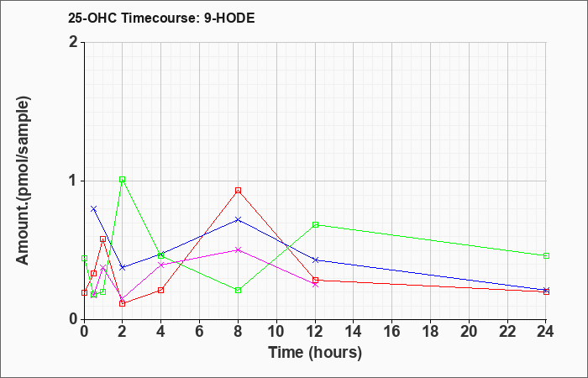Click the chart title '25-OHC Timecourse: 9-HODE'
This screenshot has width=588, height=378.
pos(161,18)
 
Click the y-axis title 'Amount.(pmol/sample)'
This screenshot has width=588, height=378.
pos(24,181)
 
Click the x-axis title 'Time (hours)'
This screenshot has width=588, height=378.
pos(315,353)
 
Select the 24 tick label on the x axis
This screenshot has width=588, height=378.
pos(546,332)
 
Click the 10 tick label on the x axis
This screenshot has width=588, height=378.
pos(276,332)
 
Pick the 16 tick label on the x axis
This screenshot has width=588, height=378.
pos(392,332)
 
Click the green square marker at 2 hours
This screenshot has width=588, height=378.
pos(123,179)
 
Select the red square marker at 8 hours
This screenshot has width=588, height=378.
pos(238,191)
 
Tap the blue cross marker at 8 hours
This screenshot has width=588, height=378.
pos(238,219)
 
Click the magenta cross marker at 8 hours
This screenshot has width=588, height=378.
pos(238,249)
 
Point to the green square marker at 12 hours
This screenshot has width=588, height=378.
pos(315,224)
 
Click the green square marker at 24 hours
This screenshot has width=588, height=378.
pos(546,255)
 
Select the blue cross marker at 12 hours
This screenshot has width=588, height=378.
pos(315,260)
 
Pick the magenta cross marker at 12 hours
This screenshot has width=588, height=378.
pos(315,285)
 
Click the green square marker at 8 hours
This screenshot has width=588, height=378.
pos(238,291)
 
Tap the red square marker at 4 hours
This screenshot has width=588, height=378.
pos(161,291)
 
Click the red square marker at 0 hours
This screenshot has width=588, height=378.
pos(84,293)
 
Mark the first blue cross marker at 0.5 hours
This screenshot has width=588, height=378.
pos(94,208)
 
